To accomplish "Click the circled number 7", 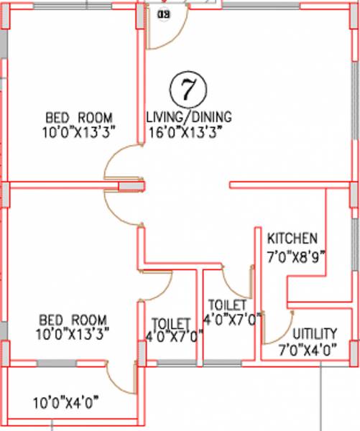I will (x=188, y=89).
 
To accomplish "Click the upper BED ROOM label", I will (x=79, y=117).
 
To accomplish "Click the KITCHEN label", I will (x=292, y=238).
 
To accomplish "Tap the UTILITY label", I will (x=315, y=334).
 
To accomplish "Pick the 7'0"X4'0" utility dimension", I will (x=308, y=351).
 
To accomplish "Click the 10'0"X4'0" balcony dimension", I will (x=65, y=404).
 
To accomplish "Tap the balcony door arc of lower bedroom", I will (x=118, y=381).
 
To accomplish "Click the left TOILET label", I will (x=172, y=324).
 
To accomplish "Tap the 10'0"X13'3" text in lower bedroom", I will (x=73, y=333).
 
